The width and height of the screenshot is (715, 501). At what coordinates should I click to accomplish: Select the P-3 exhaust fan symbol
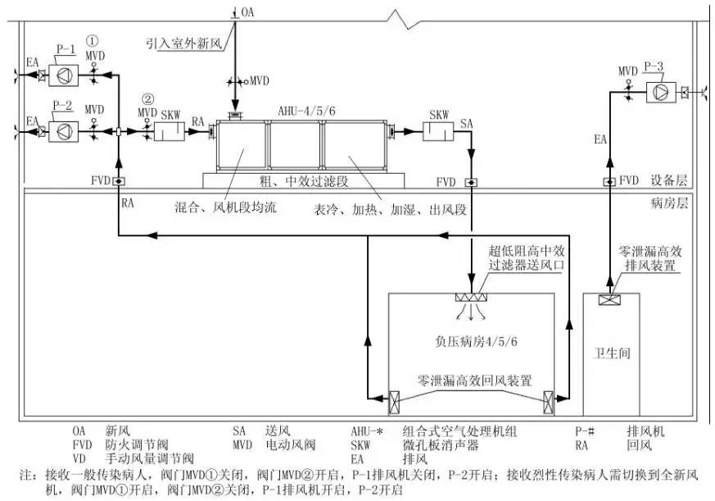click(x=658, y=90)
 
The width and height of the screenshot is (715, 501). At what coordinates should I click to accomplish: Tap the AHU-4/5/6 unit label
click(x=300, y=111)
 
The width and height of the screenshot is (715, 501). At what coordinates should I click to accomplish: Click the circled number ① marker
click(x=94, y=39)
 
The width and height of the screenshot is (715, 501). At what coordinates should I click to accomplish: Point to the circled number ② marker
click(x=147, y=98)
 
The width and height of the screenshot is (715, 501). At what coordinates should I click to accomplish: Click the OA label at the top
click(x=248, y=11)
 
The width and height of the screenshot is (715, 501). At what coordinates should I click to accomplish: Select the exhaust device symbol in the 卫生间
click(x=609, y=301)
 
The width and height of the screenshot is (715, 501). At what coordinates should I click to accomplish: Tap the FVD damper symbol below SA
click(x=471, y=181)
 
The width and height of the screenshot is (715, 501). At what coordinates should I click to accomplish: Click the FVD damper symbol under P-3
click(x=609, y=181)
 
